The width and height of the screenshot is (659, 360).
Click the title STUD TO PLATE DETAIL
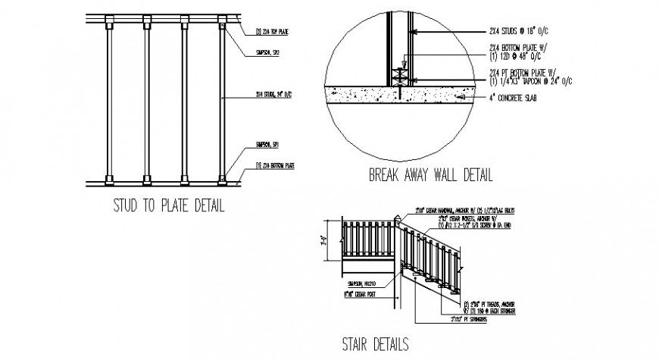point(168,205)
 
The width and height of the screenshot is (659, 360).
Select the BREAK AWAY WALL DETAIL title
point(429,176)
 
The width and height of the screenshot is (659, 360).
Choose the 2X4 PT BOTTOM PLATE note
point(530,76)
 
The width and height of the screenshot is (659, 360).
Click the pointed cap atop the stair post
point(398,219)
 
